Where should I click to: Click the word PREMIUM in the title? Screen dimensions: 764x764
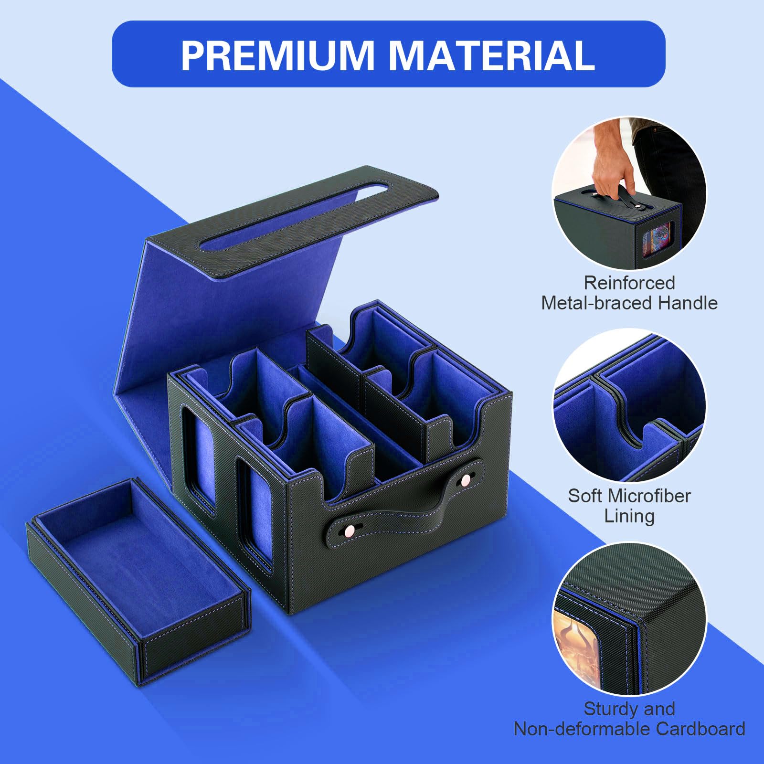tap(277, 55)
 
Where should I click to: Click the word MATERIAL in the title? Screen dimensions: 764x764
tap(492, 55)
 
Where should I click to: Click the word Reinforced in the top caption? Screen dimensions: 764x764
tap(629, 283)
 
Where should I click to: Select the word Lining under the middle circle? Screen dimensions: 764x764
tap(629, 516)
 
